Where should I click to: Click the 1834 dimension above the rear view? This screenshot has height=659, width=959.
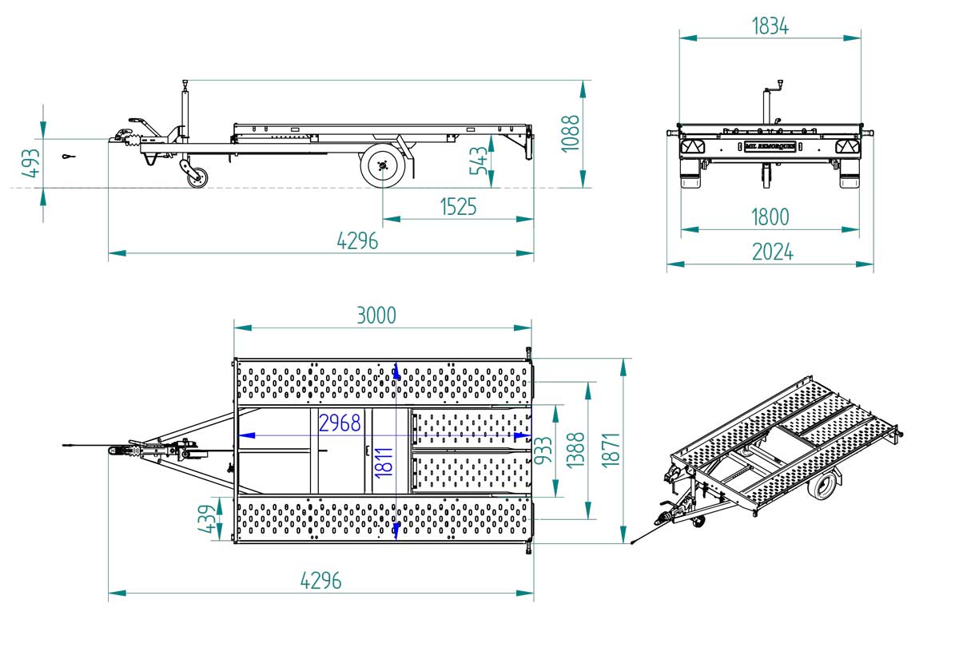tap(770, 26)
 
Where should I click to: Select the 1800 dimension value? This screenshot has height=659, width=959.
tap(770, 217)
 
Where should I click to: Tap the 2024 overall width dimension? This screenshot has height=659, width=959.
tap(772, 252)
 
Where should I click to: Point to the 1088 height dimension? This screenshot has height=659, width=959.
tap(571, 133)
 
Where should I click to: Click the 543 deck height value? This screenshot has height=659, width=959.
tap(479, 161)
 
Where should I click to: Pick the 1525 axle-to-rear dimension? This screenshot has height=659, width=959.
tap(458, 207)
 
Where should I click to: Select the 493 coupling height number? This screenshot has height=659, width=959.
tap(31, 163)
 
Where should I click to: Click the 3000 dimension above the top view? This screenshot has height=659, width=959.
tap(376, 316)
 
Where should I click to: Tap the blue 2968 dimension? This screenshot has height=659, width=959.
tap(340, 423)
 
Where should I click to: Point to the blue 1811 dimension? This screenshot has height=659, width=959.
tap(384, 463)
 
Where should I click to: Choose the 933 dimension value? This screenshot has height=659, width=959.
tap(543, 451)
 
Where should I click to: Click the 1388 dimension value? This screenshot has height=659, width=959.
tap(575, 451)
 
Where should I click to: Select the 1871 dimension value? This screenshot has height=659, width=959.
tap(611, 451)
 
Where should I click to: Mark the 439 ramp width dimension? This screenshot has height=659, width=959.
tap(206, 519)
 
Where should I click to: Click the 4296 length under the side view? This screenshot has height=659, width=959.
tap(357, 241)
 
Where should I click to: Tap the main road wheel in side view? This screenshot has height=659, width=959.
tap(383, 165)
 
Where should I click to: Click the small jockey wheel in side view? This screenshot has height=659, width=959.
tap(198, 177)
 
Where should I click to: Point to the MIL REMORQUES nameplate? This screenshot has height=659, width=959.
tap(770, 146)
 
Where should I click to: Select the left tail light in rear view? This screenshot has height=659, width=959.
tap(692, 147)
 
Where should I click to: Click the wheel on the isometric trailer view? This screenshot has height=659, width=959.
tap(822, 486)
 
